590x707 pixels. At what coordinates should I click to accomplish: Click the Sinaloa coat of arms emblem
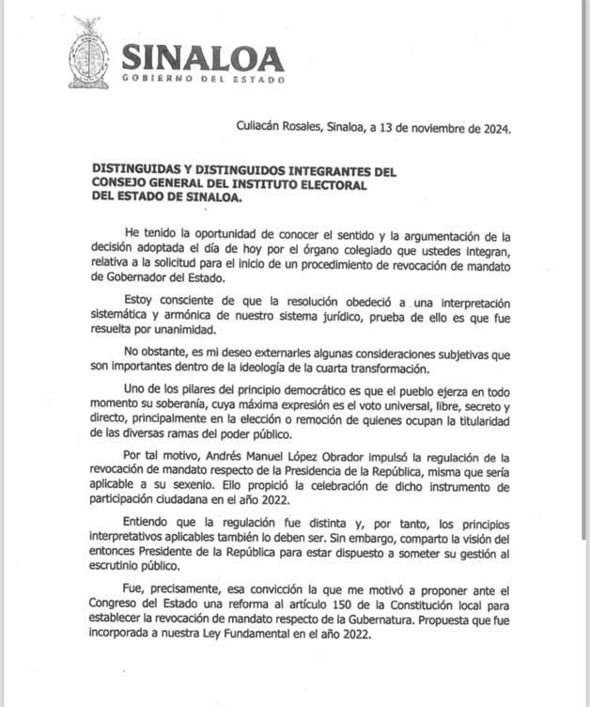88,53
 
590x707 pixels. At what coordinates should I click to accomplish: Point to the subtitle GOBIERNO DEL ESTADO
202,79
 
